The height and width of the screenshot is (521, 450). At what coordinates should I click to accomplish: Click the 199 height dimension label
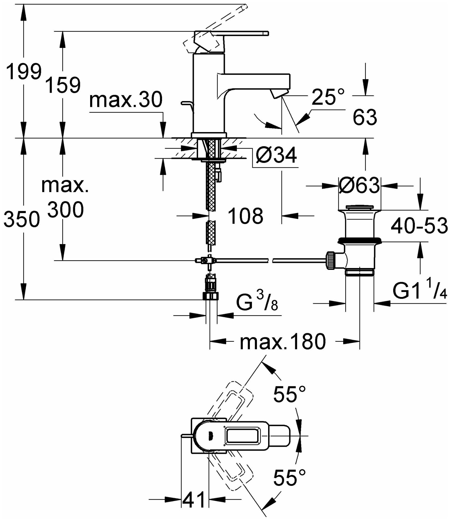coord(24,72)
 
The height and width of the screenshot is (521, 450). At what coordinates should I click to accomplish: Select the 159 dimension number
coord(63,85)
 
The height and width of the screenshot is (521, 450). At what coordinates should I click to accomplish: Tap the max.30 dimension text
coord(126,100)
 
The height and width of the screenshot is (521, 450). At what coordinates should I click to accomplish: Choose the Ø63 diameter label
coord(359,186)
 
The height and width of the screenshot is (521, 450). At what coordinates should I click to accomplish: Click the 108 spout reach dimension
coord(245,216)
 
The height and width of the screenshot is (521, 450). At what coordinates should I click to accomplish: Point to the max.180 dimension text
coord(283,342)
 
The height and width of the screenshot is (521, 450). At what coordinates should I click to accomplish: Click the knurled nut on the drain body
coord(331,260)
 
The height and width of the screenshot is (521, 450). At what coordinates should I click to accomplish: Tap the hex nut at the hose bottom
coord(211,296)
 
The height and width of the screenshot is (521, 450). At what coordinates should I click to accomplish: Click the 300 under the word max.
coord(66,210)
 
